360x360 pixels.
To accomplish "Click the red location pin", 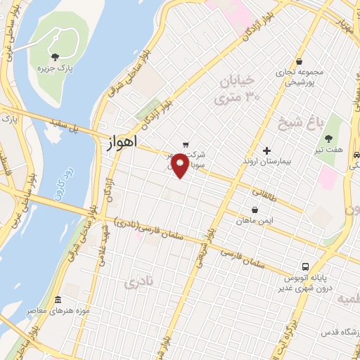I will pos(180,164).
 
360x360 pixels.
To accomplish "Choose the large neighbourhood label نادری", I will pos(137,283).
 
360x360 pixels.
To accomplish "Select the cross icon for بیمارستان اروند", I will pos(266,150).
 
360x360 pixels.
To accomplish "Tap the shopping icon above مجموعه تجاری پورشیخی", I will pos(300,61).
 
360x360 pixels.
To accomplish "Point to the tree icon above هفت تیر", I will pos(328,139).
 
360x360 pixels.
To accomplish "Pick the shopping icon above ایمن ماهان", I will pos(255,210).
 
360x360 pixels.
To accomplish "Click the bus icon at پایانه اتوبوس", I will pos(305,267).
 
